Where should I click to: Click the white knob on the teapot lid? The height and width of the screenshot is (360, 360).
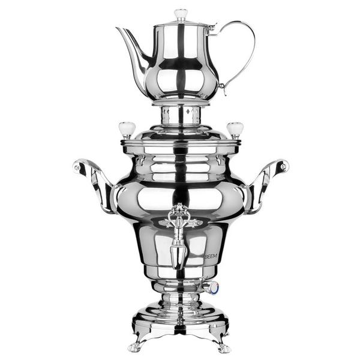click(x=181, y=13)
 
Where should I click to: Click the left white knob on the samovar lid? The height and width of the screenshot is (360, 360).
click(x=127, y=128)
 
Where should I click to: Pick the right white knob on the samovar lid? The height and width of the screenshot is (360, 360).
click(x=234, y=128)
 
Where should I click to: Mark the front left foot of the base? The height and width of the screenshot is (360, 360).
click(x=136, y=346)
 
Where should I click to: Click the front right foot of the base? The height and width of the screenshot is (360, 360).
click(x=223, y=346)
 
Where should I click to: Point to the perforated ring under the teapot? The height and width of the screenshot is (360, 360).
click(x=180, y=114)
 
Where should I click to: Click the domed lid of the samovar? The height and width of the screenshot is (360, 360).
click(x=180, y=137)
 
